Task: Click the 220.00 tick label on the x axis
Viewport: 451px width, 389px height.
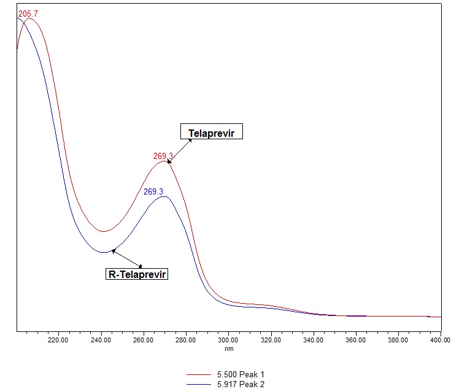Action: [x=58, y=339]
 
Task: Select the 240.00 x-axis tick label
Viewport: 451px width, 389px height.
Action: [x=101, y=339]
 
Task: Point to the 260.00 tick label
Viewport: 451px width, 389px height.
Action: [x=143, y=339]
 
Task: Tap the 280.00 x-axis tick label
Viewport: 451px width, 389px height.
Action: [x=185, y=339]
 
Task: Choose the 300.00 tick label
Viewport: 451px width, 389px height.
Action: [x=228, y=339]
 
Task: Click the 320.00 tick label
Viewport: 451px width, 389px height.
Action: [x=271, y=339]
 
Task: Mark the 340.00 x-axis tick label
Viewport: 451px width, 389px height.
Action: [x=313, y=339]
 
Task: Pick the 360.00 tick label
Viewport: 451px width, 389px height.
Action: [x=355, y=339]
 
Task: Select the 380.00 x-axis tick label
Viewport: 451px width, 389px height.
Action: [x=398, y=339]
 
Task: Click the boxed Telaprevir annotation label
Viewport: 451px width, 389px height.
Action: [x=211, y=132]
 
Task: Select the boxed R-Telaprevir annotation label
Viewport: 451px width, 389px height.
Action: [x=137, y=274]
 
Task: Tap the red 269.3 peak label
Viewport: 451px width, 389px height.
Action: [x=163, y=156]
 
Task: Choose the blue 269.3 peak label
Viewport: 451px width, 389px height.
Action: [x=153, y=191]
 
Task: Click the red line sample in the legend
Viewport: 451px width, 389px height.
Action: [x=203, y=374]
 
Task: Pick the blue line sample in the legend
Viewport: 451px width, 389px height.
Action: [x=203, y=383]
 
